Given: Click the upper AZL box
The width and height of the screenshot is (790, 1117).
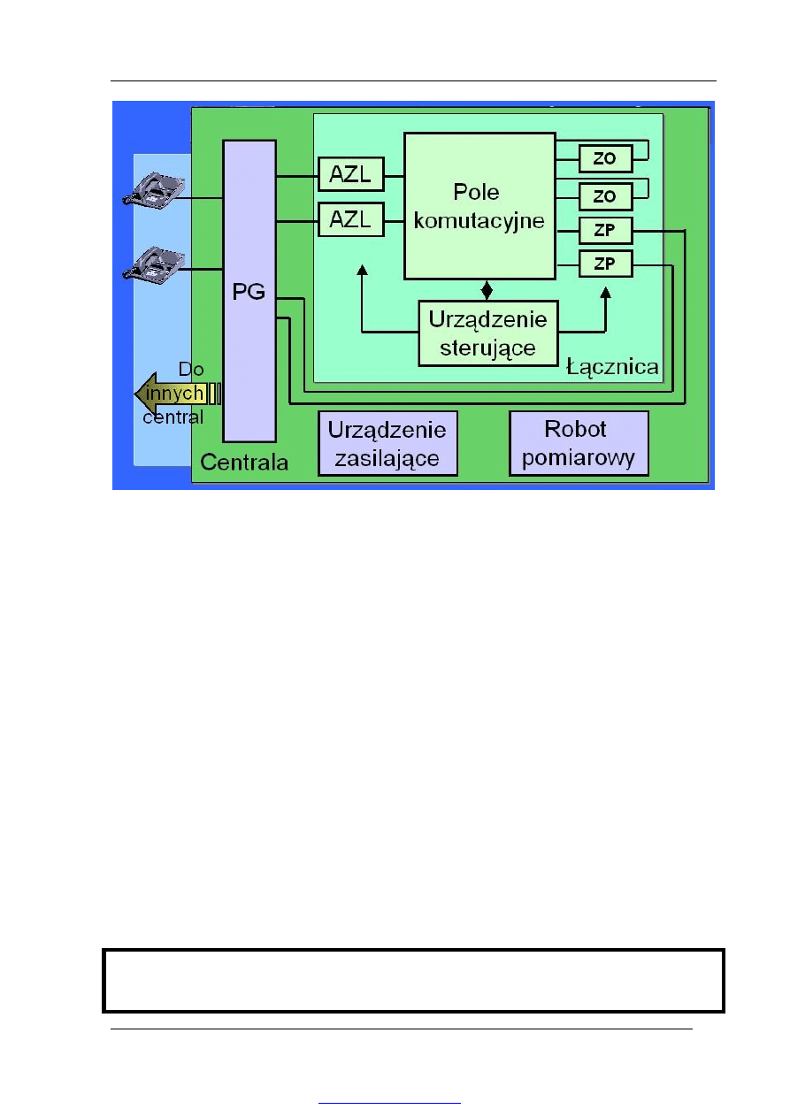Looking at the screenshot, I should (x=351, y=173).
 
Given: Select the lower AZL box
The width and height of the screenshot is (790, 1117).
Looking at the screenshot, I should (x=351, y=218).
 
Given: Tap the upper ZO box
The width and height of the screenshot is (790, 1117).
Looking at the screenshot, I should (x=606, y=159).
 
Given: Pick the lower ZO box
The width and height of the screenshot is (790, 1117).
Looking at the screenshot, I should (x=606, y=195).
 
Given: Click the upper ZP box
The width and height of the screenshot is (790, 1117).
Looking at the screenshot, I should (x=606, y=232).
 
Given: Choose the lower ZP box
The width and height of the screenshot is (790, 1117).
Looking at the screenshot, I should (x=606, y=264).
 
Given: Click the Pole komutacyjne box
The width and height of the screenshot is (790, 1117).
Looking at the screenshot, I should (x=479, y=205).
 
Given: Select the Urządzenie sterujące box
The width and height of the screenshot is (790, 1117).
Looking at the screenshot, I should (x=488, y=333).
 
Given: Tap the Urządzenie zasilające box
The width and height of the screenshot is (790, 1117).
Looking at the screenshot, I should (x=387, y=444).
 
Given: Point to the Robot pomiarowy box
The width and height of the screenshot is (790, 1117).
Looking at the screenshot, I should (x=579, y=444).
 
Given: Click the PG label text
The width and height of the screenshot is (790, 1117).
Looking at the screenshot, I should (x=249, y=293).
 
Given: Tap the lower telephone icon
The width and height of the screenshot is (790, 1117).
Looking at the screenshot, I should (x=154, y=264).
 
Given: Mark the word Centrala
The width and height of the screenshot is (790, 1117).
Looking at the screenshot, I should (x=243, y=462).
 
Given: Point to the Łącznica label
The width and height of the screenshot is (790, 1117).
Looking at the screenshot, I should (x=612, y=366).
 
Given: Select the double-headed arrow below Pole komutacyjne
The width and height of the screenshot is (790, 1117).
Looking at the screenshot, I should (x=486, y=289).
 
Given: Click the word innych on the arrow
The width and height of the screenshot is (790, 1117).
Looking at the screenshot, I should (x=176, y=393).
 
